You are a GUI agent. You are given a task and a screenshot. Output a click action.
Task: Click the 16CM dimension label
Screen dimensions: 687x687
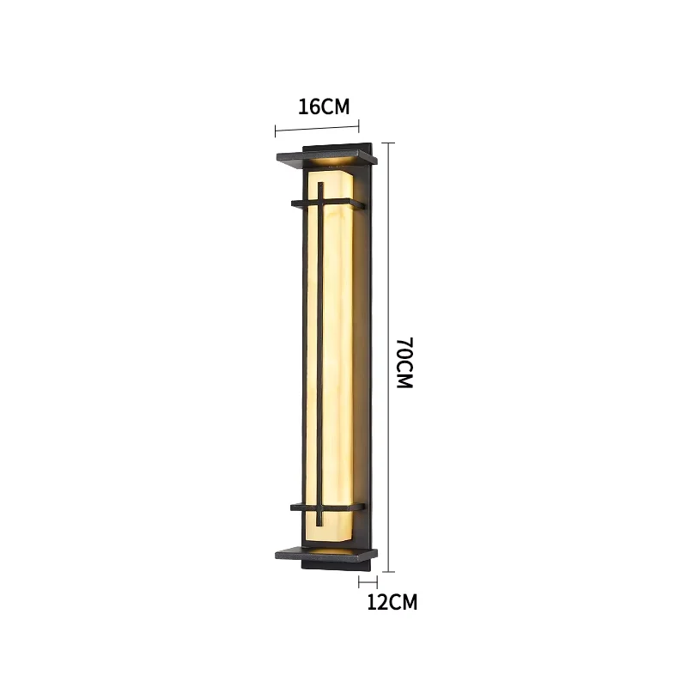click(324, 106)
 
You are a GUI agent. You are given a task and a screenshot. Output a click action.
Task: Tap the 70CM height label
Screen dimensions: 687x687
click(405, 363)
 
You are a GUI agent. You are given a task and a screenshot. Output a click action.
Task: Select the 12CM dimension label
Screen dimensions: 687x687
click(392, 602)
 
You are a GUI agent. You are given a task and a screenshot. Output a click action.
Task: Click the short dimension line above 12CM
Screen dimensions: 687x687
click(368, 581)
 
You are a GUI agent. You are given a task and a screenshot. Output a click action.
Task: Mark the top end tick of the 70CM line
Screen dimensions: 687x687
click(390, 143)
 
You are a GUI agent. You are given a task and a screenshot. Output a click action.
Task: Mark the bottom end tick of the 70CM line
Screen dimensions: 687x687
click(390, 570)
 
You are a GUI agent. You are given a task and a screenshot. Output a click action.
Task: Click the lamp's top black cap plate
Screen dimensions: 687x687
click(326, 157)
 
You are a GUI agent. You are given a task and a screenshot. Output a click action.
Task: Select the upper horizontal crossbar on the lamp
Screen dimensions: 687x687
click(331, 204)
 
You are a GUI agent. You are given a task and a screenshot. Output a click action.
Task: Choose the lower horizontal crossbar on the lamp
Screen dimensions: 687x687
click(331, 508)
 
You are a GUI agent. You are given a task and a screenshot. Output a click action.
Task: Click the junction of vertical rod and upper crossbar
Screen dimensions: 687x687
click(319, 204)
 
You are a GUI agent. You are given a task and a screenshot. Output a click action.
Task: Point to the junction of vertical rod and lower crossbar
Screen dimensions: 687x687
click(319, 508)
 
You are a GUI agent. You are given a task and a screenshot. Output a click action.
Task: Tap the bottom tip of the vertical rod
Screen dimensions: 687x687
click(319, 526)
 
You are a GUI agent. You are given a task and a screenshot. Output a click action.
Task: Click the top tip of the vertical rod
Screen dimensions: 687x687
click(319, 183)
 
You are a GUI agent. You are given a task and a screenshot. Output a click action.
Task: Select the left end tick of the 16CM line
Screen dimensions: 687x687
click(276, 131)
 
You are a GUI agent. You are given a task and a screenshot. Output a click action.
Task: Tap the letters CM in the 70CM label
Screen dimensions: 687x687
click(405, 376)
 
